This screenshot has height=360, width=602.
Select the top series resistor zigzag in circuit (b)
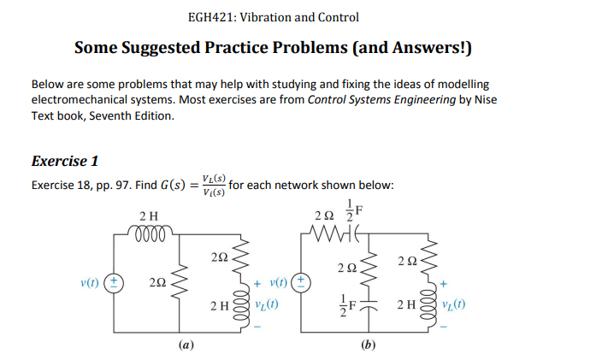point(328,228)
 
